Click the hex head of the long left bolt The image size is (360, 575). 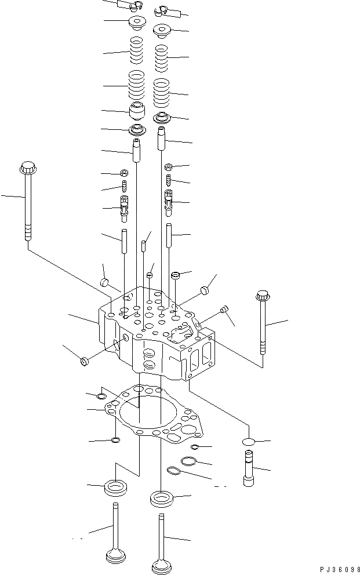tap(27, 169)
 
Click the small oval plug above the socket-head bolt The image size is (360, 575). tap(248, 442)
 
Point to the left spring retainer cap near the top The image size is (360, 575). tap(137, 24)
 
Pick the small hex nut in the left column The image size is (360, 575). tap(123, 173)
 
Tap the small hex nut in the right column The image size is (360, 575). tap(169, 167)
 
